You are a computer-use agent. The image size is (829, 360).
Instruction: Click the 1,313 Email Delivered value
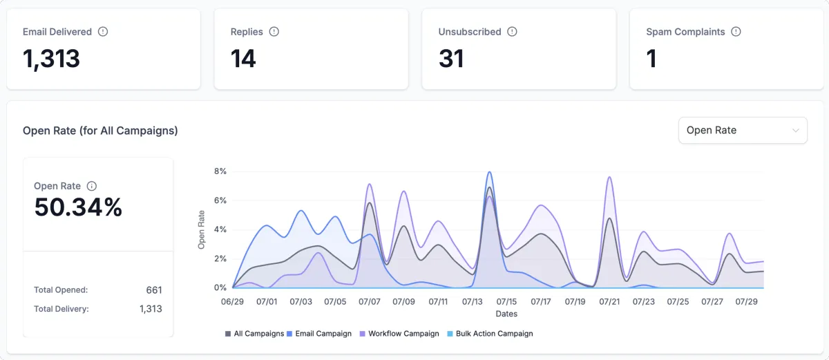[51, 59]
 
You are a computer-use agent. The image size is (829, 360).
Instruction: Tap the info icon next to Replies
[274, 32]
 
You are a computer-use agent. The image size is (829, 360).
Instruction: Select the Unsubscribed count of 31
[451, 59]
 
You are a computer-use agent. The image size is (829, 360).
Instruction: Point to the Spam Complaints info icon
[736, 32]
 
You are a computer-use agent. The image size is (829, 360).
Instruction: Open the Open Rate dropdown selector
[743, 130]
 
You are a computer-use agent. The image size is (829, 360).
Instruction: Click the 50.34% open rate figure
[78, 207]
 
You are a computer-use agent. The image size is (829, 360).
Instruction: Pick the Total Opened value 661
[154, 290]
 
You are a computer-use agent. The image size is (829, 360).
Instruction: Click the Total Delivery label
[61, 309]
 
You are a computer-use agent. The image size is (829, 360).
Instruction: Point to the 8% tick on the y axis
[220, 171]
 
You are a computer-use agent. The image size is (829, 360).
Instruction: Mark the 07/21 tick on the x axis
[609, 302]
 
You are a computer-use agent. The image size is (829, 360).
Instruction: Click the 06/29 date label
[233, 302]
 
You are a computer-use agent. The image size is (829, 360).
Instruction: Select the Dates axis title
[506, 314]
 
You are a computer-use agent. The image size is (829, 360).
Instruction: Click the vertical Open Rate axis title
[202, 229]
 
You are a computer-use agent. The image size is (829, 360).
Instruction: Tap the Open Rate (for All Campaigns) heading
[100, 131]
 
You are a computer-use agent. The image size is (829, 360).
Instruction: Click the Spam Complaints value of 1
[651, 59]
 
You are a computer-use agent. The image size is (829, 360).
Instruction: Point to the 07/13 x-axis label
[473, 302]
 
